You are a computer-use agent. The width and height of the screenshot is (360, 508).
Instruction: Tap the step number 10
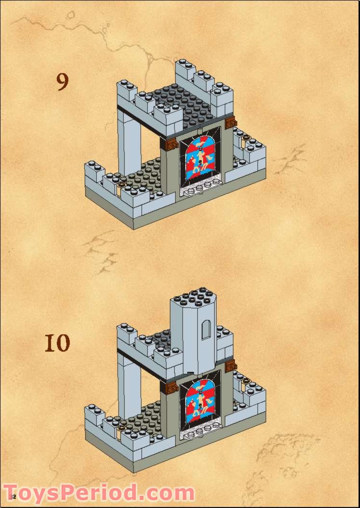[x=57, y=343]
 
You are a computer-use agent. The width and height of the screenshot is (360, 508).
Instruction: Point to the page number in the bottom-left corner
[x=12, y=496]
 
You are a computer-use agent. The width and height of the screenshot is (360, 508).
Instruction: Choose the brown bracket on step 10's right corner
[x=231, y=366]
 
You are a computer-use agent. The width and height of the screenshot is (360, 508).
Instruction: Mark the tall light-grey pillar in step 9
[x=129, y=144]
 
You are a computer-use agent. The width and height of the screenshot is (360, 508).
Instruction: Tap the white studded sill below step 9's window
[x=201, y=189]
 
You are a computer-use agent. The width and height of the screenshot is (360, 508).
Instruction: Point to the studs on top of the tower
[x=193, y=294]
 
